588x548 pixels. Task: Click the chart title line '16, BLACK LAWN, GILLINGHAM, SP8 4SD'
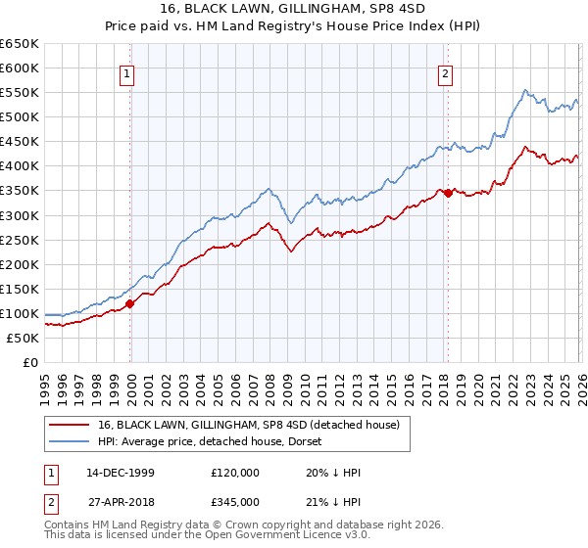294,11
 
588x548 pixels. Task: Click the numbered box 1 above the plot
128,72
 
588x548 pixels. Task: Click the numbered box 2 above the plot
445,72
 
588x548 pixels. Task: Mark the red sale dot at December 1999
130,303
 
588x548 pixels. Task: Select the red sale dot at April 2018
448,193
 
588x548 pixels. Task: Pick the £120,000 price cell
235,473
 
